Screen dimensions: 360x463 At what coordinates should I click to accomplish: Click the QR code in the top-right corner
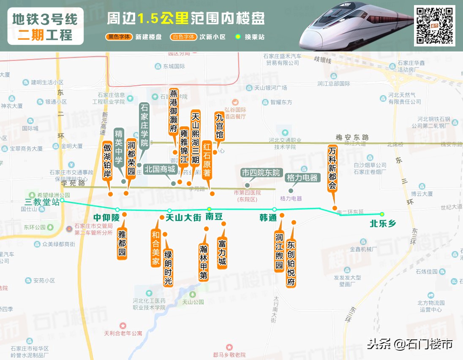(434, 25)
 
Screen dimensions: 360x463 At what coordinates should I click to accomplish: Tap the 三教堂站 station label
(42, 201)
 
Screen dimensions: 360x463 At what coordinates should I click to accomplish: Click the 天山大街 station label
(183, 218)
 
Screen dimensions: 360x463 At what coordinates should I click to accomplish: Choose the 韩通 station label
(268, 218)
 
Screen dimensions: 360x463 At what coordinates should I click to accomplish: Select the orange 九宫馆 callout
(219, 125)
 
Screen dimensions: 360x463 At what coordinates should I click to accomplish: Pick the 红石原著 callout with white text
(207, 161)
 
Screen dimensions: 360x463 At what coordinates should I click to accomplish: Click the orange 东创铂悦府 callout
(291, 263)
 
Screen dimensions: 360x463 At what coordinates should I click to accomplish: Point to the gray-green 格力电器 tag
(302, 177)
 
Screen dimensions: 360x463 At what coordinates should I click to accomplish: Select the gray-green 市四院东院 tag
(261, 173)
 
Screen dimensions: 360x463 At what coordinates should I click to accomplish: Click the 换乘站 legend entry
(251, 37)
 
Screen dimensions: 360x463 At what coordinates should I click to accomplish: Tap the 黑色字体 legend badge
(119, 37)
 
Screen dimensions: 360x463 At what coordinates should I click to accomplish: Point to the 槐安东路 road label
(352, 137)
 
